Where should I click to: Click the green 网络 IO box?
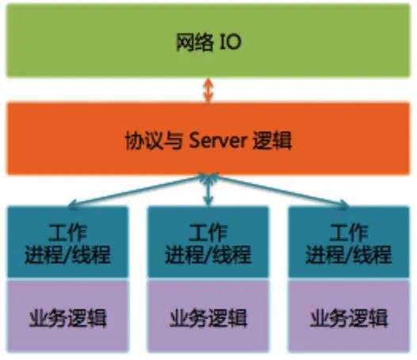208,40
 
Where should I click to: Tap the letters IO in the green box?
231,42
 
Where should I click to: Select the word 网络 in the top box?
195,42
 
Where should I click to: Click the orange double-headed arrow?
208,90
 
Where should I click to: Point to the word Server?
218,140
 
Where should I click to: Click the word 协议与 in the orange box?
154,140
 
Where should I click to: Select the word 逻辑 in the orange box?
273,140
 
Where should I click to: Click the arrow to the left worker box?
137,190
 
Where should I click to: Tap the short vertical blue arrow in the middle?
208,190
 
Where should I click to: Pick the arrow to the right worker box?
279,190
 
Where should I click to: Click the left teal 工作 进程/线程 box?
68,242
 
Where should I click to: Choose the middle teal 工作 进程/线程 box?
208,242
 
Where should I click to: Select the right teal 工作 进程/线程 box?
349,242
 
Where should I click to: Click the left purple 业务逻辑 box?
68,316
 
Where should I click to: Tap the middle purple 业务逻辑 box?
208,316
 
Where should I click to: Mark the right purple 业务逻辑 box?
349,316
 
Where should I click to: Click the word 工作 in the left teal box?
68,232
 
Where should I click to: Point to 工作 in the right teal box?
349,232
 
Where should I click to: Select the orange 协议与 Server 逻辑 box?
208,139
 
